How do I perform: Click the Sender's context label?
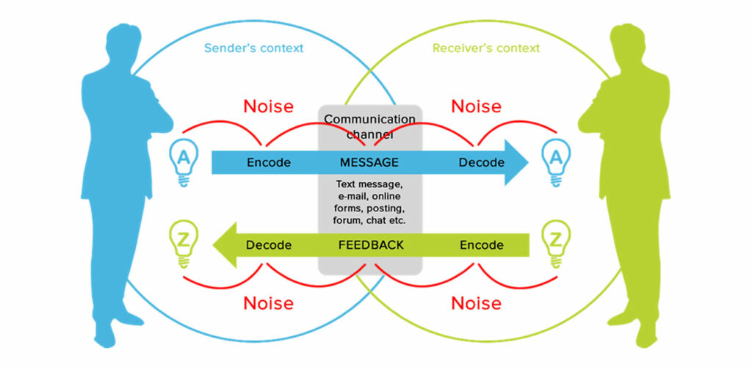point(253,48)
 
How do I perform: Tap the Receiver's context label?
point(486,48)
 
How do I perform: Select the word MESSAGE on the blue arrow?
point(369,162)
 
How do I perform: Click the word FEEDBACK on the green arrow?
point(371,245)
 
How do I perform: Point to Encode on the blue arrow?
point(269,162)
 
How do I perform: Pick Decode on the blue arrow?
point(482,162)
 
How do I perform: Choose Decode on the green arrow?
point(269,245)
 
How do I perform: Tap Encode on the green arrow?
point(482,245)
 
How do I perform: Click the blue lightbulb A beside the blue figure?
point(183,162)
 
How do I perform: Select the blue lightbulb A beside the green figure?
point(556,162)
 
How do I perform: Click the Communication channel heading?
point(370,126)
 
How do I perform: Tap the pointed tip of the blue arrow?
point(528,162)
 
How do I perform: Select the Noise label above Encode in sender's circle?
point(269,106)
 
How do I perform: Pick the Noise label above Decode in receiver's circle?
point(476,106)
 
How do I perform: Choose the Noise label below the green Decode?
point(269,303)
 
